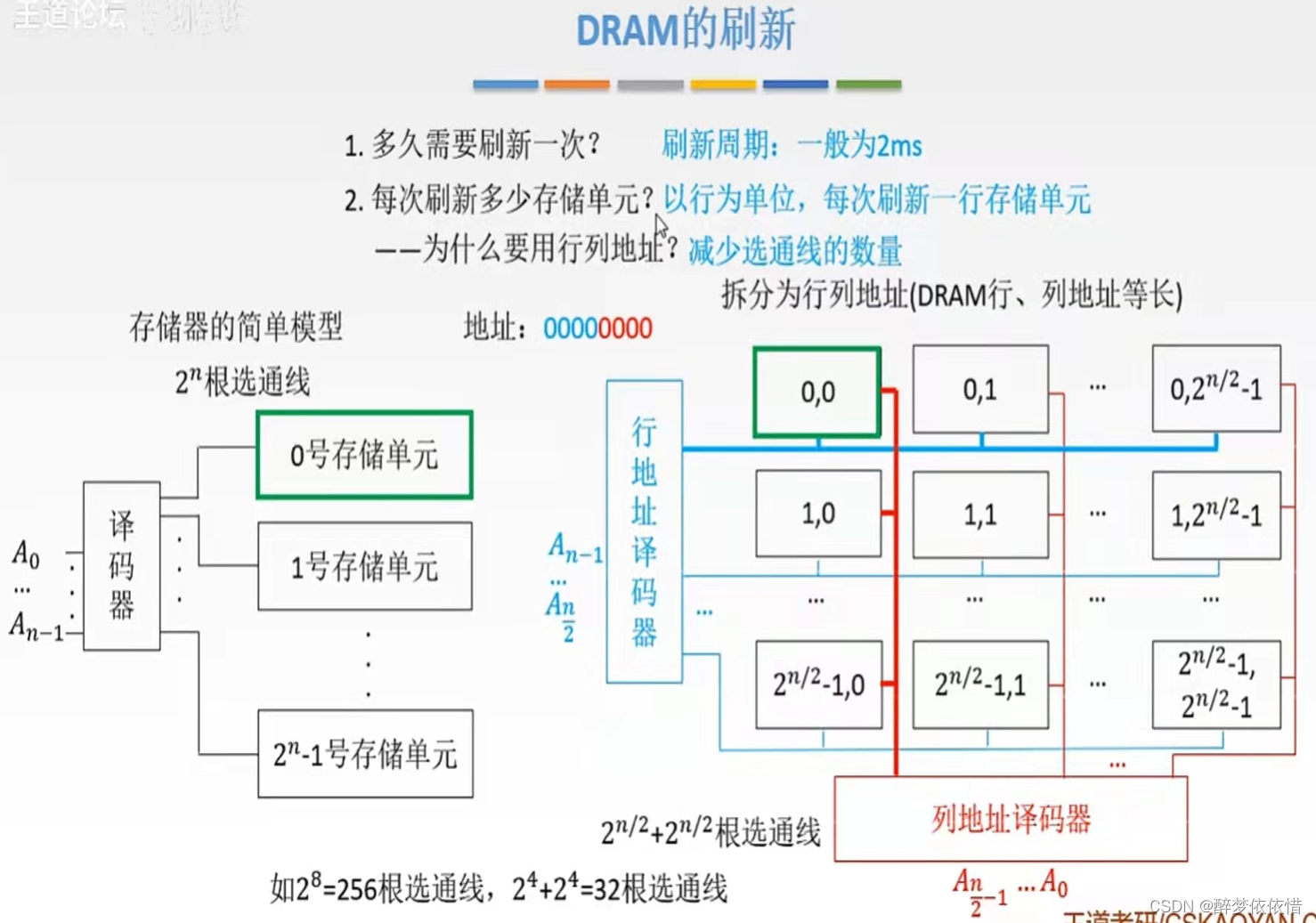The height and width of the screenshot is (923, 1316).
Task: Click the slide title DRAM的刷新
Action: coord(685,29)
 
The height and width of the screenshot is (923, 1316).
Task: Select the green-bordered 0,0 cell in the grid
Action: coord(817,392)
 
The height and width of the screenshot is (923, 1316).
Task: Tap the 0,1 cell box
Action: coord(980,390)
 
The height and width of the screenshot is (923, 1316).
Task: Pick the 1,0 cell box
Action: coord(817,514)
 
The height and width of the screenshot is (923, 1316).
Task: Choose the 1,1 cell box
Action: coord(980,514)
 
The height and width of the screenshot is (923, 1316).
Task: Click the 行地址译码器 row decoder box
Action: coord(644,531)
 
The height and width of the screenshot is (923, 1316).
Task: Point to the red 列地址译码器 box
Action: coord(1011,819)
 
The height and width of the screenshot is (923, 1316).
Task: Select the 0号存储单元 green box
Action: coord(364,455)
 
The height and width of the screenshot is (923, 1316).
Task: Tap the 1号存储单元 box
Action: coord(364,566)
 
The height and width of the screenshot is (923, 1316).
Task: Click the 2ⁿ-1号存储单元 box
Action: coord(365,754)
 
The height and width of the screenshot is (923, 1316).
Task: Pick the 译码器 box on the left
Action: coord(122,566)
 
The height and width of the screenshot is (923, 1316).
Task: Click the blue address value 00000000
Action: coord(597,328)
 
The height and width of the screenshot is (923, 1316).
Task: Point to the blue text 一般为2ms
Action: coord(859,144)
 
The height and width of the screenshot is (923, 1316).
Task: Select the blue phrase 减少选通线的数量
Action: coord(795,252)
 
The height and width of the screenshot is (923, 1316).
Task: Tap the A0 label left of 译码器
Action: coord(26,555)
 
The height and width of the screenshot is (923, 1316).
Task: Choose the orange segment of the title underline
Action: coord(577,85)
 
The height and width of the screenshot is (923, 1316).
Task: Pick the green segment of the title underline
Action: coord(868,85)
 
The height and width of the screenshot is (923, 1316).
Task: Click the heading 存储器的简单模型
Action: coord(236,327)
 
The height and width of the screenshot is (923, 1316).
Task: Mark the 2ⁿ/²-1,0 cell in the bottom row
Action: coord(818,684)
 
